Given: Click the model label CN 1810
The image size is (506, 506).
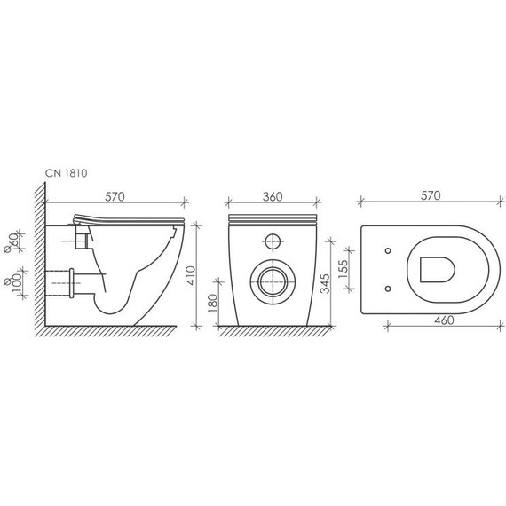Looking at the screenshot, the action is (x=67, y=173).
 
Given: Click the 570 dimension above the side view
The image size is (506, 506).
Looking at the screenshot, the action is (x=115, y=197).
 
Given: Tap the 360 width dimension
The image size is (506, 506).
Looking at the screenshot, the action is (x=273, y=197).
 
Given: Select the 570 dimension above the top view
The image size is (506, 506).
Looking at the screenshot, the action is (x=431, y=195).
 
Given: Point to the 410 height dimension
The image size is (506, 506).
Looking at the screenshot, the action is (x=192, y=275).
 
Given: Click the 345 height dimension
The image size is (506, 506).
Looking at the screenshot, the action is (x=325, y=283).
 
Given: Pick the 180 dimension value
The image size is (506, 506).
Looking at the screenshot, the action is (x=213, y=303).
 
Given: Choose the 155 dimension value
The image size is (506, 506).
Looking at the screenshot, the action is (x=343, y=269).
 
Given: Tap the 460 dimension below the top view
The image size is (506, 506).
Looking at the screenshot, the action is (x=444, y=320).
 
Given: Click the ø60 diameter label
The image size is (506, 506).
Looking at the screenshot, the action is (x=11, y=242).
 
